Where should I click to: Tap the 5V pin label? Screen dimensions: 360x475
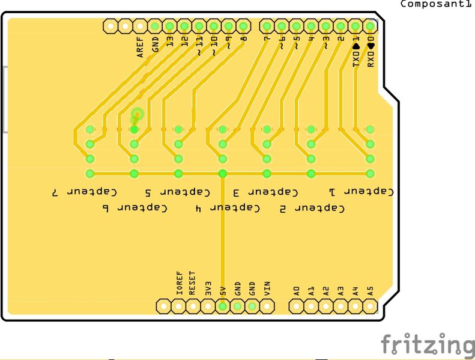point(222,290)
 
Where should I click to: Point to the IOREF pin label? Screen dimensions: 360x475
point(178,282)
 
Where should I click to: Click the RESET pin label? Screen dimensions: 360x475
point(193,282)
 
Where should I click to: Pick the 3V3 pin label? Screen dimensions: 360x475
point(208,287)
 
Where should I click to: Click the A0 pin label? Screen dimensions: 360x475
point(296,290)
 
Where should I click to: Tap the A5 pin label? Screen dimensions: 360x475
point(370,290)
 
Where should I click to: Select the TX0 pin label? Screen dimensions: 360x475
point(355,55)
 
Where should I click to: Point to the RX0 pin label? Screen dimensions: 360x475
point(371,55)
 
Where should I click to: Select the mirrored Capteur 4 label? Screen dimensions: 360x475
point(228,209)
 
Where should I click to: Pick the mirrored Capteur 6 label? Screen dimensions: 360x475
point(133,209)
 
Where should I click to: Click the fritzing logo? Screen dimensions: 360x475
point(427,344)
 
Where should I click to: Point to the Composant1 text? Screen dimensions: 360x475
point(436,4)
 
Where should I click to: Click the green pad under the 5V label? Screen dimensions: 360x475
point(222,306)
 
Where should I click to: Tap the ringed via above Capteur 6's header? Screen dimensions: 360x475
point(138,114)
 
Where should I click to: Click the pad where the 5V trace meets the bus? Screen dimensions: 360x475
point(222,174)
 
